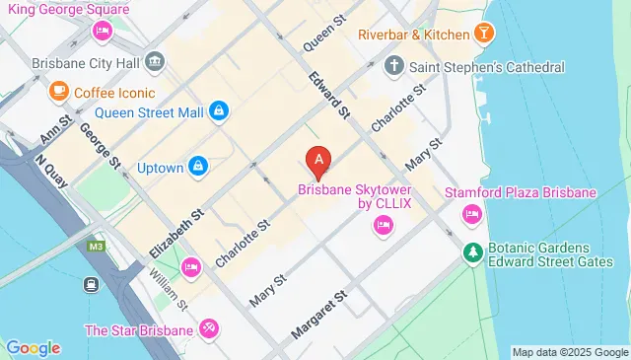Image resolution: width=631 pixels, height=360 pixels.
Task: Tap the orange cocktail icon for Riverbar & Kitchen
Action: pyautogui.click(x=484, y=35)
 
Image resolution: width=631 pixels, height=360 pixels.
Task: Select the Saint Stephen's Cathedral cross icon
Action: pyautogui.click(x=394, y=67)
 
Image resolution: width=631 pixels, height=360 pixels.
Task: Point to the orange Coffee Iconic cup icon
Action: pyautogui.click(x=58, y=92)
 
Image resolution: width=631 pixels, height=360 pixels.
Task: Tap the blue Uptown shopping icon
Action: pyautogui.click(x=198, y=167)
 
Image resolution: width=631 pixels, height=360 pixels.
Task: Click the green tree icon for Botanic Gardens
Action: pyautogui.click(x=473, y=253)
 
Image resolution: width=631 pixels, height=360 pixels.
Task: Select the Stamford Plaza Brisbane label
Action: pyautogui.click(x=521, y=192)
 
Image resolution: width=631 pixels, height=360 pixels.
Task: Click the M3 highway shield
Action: pyautogui.click(x=96, y=246)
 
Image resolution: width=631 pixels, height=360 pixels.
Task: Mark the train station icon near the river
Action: pyautogui.click(x=90, y=284)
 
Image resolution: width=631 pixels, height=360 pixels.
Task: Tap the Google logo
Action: pyautogui.click(x=33, y=347)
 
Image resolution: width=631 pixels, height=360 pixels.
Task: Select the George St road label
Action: pyautogui.click(x=100, y=144)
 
